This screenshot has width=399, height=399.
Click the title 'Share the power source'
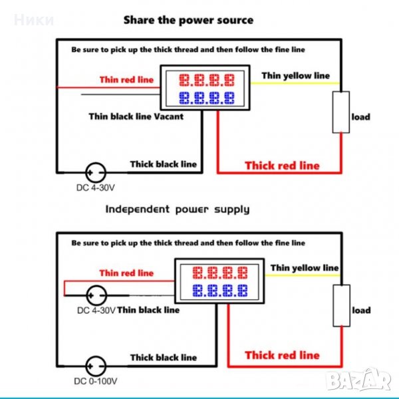188,20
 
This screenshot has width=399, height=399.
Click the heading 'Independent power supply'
178,209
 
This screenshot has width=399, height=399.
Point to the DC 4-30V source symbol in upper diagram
96,172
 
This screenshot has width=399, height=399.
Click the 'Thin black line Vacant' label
136,116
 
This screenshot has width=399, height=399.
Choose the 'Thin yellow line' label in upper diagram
295,75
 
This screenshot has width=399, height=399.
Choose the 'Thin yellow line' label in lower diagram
304,267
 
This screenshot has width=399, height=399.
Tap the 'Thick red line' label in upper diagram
282,165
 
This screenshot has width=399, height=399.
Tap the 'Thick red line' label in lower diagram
282,355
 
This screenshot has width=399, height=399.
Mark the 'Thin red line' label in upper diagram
126,80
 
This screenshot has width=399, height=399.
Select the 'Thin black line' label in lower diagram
148,309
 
